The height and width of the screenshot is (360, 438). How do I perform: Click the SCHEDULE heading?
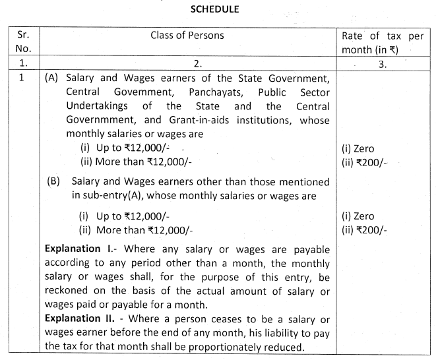(x=219, y=9)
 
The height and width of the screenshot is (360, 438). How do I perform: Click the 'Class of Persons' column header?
(x=187, y=35)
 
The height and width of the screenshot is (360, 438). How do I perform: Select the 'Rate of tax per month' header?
(x=383, y=42)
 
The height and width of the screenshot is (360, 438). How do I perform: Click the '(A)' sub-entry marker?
(x=51, y=78)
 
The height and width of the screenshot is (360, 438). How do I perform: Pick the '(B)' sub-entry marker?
(x=53, y=181)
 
